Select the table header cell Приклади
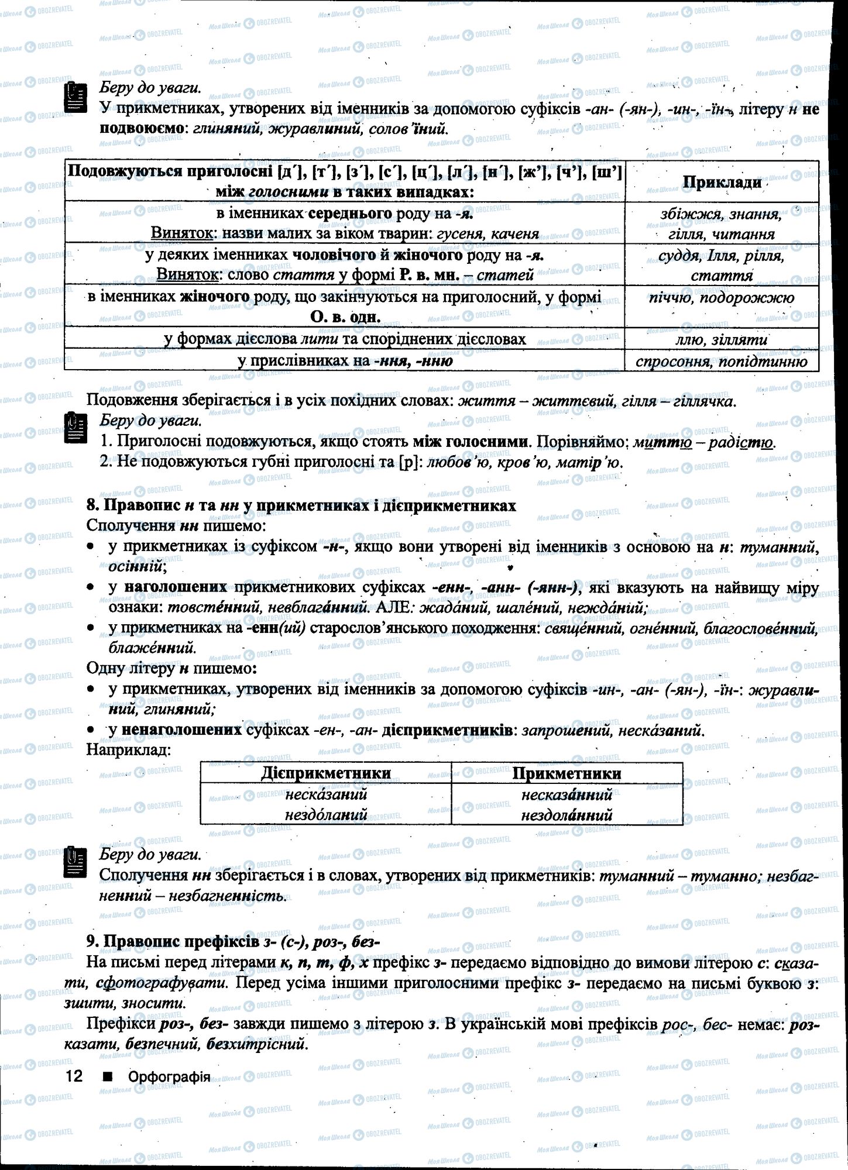tap(722, 182)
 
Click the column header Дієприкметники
tap(326, 773)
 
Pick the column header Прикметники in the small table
tap(567, 773)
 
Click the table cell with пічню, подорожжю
tap(722, 298)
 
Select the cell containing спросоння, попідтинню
tap(722, 361)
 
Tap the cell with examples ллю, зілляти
tap(722, 339)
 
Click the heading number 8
tap(91, 505)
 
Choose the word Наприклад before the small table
tap(128, 749)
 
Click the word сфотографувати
tap(164, 982)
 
